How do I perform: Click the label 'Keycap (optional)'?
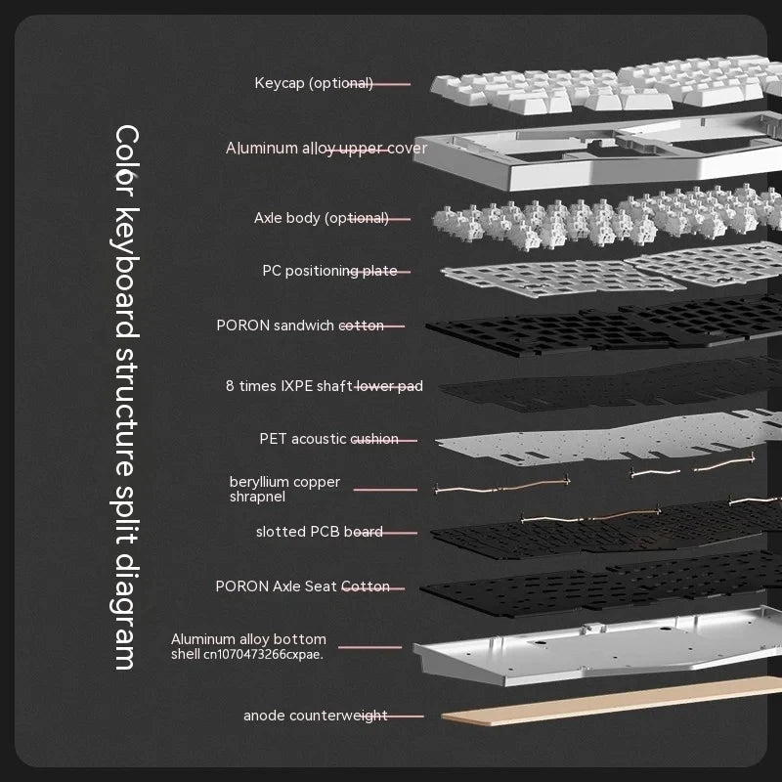click(314, 83)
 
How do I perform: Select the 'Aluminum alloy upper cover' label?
click(326, 149)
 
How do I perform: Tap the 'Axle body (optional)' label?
click(321, 218)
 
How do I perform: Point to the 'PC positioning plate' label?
click(329, 271)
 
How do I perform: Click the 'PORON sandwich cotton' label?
click(300, 325)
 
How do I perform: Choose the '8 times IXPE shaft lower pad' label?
click(324, 386)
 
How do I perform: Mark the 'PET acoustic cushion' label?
click(328, 439)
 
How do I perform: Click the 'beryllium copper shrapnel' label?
click(284, 489)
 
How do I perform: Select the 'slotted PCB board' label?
click(319, 532)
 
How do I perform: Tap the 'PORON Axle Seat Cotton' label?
click(302, 586)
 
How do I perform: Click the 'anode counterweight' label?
click(315, 716)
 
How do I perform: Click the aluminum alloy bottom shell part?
click(586, 650)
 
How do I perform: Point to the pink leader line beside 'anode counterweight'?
click(406, 717)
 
